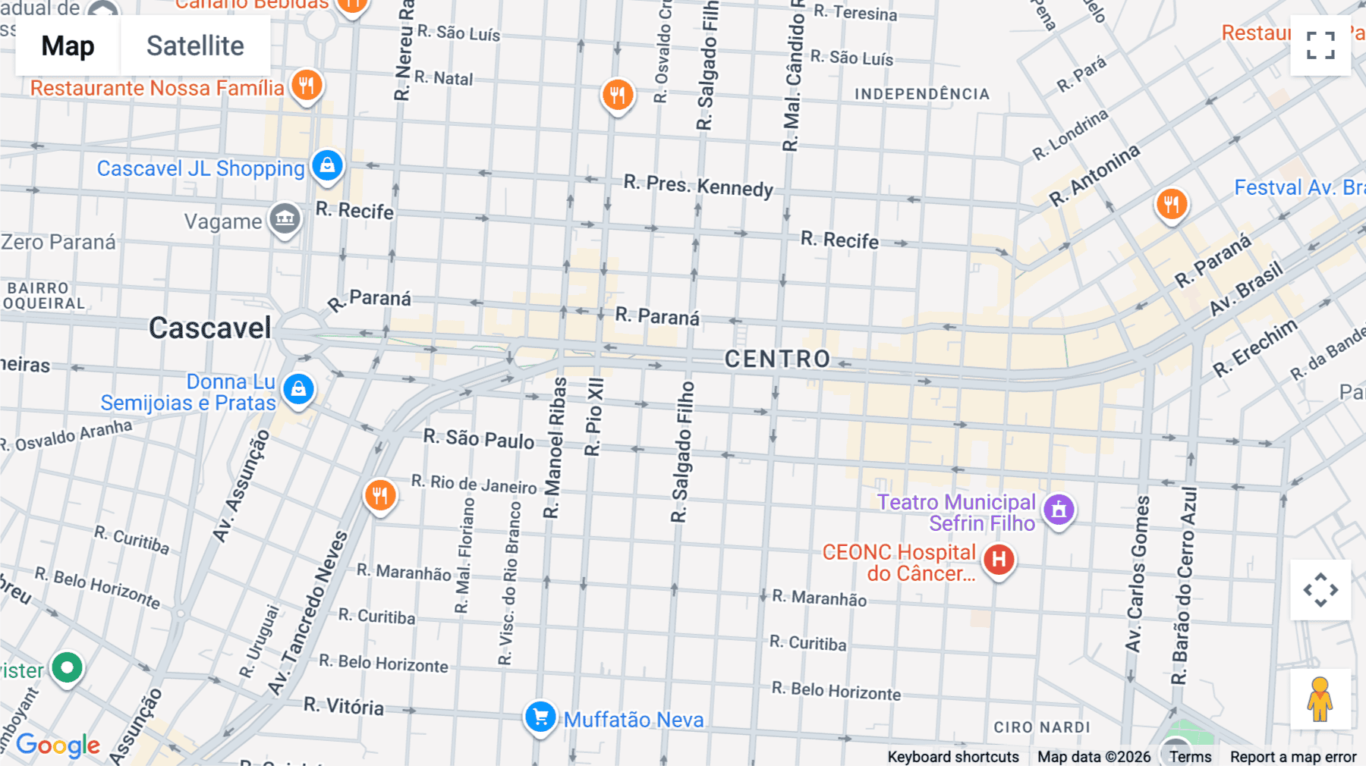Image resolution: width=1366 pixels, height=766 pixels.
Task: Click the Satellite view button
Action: [195, 46]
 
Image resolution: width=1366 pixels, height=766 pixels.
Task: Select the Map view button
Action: [68, 46]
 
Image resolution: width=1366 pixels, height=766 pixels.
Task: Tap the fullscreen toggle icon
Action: [1320, 46]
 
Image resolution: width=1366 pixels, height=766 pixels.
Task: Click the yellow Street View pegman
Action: [1320, 699]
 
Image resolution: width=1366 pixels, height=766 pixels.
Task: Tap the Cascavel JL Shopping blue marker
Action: [327, 165]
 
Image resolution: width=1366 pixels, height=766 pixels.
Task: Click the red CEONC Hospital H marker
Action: [999, 560]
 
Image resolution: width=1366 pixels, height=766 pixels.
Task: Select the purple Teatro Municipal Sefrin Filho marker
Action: [1059, 510]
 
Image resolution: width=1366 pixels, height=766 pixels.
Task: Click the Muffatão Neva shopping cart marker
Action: [540, 717]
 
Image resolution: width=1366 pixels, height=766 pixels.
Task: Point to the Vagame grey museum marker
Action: [285, 219]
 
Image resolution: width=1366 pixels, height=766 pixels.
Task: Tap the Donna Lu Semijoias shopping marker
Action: [298, 389]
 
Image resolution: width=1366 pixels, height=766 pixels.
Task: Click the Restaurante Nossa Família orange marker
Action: [307, 85]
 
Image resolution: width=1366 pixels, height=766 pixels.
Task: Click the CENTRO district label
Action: [777, 359]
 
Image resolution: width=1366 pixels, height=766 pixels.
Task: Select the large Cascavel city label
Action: [209, 328]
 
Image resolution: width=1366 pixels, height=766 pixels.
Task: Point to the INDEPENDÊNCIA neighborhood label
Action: [922, 94]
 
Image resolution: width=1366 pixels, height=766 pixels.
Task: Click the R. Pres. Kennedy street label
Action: [698, 185]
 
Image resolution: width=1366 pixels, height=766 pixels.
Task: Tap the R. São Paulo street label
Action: [479, 438]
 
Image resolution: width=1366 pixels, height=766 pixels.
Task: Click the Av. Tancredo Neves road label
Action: [307, 614]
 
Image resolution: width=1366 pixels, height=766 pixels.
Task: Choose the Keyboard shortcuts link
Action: [953, 757]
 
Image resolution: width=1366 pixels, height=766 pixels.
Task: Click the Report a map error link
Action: [1293, 757]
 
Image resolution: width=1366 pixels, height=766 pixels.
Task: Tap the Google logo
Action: [58, 745]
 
